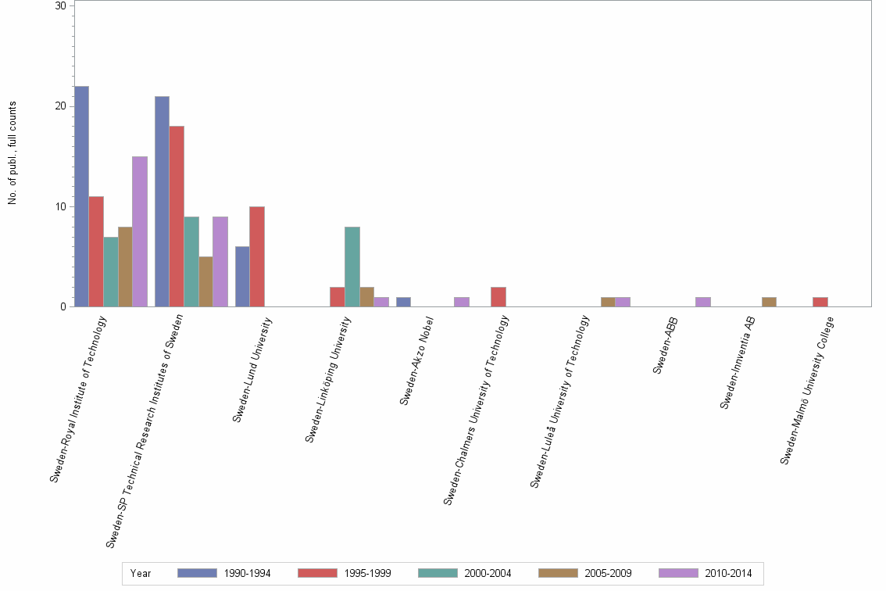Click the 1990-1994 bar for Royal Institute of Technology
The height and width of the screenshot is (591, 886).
click(x=81, y=196)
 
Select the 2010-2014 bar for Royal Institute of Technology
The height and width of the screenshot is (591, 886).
click(x=140, y=231)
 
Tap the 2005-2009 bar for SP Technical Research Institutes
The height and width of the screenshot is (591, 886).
click(x=205, y=281)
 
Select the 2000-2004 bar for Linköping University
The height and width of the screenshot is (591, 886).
click(x=352, y=267)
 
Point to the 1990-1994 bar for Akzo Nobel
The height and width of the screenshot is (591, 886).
click(x=403, y=302)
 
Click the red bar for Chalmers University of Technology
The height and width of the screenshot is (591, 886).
click(x=498, y=297)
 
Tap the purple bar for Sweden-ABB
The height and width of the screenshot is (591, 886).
click(x=702, y=302)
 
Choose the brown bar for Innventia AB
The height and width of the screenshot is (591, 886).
click(x=769, y=302)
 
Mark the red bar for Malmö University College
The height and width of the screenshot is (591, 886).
click(x=820, y=302)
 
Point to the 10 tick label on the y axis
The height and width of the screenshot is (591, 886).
click(x=61, y=206)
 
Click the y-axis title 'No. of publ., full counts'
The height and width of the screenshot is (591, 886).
click(x=13, y=153)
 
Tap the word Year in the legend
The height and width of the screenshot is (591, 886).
click(x=141, y=573)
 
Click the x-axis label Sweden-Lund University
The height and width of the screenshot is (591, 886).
click(x=252, y=370)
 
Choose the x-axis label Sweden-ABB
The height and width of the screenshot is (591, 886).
click(x=666, y=346)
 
